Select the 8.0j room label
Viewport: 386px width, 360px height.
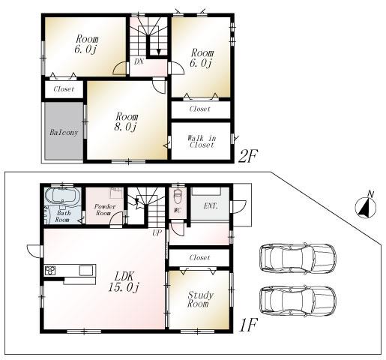pos(126,122)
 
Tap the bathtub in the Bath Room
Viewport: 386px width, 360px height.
pos(61,199)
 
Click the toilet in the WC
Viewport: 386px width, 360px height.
pos(176,199)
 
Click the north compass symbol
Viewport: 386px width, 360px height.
pos(366,205)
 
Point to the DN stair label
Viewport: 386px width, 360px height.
pos(139,62)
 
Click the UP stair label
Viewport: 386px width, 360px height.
pos(157,234)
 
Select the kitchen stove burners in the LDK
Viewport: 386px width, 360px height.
pos(50,271)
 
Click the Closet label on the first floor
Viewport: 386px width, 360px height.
pos(199,257)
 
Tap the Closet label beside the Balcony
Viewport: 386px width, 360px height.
pos(62,89)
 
